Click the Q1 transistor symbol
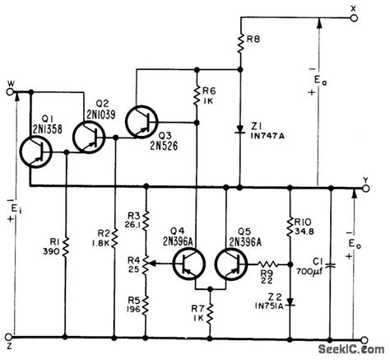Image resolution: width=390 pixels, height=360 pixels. (x=36, y=151)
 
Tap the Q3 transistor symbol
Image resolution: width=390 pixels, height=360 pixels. (x=144, y=123)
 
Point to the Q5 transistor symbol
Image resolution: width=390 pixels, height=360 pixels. (x=233, y=264)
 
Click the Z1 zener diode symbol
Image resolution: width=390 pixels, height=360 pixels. (x=239, y=129)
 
